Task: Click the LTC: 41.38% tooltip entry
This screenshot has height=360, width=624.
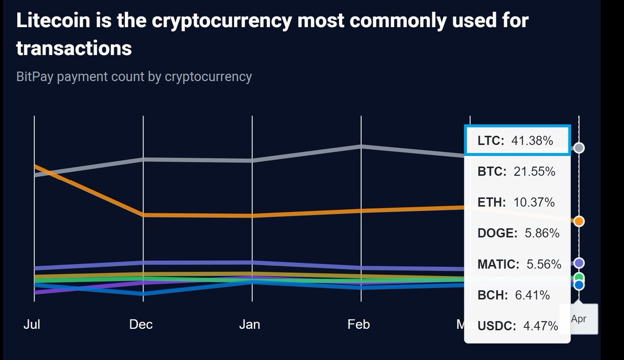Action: coord(517,140)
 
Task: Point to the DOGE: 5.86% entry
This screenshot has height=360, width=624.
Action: coord(518,233)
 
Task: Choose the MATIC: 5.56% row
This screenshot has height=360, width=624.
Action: coord(519,264)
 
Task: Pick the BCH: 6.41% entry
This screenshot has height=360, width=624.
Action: coord(513,295)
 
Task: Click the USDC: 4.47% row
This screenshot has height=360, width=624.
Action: coord(517,326)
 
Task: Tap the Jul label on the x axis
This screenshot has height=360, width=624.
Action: coord(32,324)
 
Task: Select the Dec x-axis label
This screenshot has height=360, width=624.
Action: coord(141,324)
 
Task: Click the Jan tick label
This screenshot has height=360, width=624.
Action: coord(250,324)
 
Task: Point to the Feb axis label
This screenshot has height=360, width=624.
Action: coord(359,324)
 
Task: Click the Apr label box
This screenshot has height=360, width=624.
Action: coord(578,319)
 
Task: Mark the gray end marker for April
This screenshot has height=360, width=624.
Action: coord(579,148)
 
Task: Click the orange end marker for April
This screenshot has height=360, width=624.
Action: coord(579,221)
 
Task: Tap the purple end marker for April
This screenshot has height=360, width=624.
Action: coord(579,263)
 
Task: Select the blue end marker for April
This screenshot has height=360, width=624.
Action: coord(579,285)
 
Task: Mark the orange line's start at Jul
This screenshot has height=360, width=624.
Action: coord(34,166)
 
